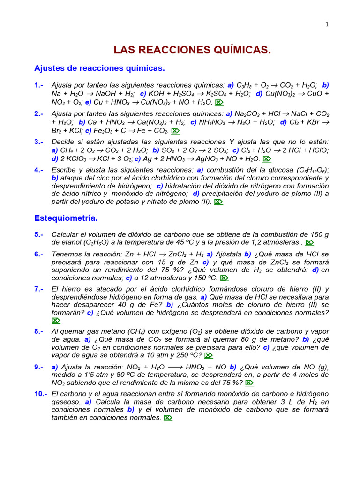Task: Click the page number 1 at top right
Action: tap(327, 25)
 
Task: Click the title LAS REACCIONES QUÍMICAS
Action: tap(193, 50)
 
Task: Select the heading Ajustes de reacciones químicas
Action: tap(99, 68)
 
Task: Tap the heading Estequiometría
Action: tap(66, 218)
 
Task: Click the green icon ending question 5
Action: tap(309, 243)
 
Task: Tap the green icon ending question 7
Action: tap(56, 321)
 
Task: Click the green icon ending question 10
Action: tap(168, 418)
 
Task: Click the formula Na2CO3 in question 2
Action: tap(247, 114)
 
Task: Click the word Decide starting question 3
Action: tap(64, 142)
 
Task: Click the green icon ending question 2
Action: tap(175, 131)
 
